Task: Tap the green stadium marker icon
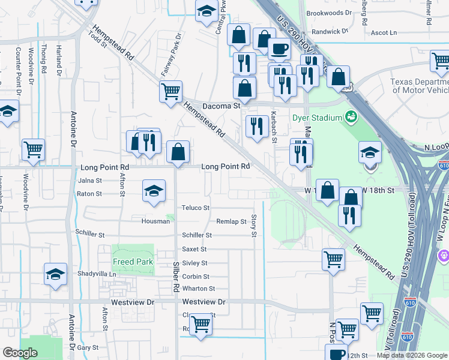point(351,118)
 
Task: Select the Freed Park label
point(133,262)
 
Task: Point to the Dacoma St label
point(221,106)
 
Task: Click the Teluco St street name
point(196,208)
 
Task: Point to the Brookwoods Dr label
point(328,13)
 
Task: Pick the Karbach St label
point(274,123)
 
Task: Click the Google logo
point(20,353)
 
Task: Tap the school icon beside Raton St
point(154,191)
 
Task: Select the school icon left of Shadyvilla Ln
point(55,275)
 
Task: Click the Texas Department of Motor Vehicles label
point(420,86)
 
